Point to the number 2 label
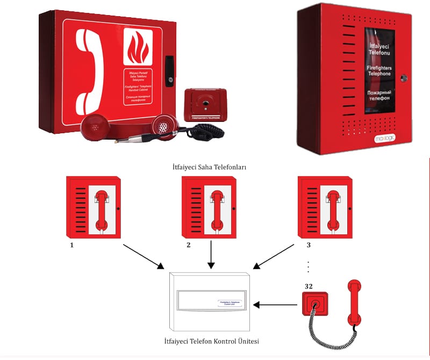tap(188, 244)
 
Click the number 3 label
tap(308, 244)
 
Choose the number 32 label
tap(309, 286)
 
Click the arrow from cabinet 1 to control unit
tap(143, 256)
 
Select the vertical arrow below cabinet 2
tap(211, 255)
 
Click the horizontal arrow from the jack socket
tap(274, 305)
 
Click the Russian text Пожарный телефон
tap(382, 96)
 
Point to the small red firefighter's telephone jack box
tap(203, 104)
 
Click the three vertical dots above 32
tap(308, 267)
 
